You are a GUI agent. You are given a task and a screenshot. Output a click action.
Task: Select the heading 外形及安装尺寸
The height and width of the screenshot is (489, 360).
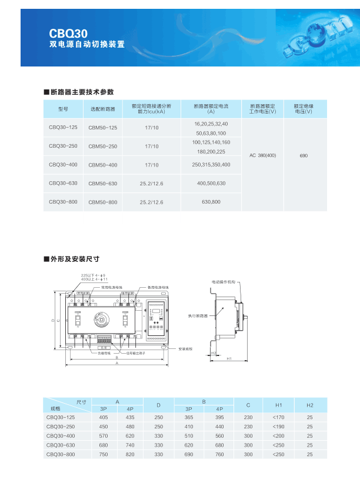pyautogui.click(x=75, y=258)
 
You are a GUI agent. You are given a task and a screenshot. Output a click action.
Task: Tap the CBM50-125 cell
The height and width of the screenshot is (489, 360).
pyautogui.click(x=103, y=128)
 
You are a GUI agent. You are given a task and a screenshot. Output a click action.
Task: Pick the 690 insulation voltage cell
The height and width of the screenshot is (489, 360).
pyautogui.click(x=304, y=156)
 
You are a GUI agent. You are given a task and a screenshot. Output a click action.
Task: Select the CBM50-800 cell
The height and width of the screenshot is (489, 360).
pyautogui.click(x=103, y=202)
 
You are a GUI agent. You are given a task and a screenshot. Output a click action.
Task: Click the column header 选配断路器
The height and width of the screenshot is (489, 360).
pyautogui.click(x=103, y=109)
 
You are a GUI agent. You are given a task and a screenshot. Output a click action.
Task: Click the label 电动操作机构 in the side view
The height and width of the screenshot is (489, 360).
pyautogui.click(x=224, y=282)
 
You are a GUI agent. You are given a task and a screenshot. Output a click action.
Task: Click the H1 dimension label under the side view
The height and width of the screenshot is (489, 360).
pyautogui.click(x=229, y=358)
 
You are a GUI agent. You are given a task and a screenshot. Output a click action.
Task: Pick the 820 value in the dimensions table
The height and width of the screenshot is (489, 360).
pyautogui.click(x=130, y=454)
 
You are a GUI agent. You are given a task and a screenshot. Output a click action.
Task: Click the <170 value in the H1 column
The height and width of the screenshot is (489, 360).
pyautogui.click(x=278, y=417)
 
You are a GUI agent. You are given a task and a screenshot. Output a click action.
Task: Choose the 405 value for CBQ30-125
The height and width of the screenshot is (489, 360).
pyautogui.click(x=104, y=417)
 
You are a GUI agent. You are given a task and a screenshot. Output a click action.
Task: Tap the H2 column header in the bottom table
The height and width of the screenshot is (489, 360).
pyautogui.click(x=309, y=405)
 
